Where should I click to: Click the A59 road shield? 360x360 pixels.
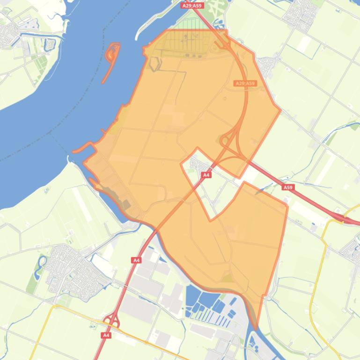click(x=288, y=187)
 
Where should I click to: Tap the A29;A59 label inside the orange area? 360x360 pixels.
click(x=245, y=84)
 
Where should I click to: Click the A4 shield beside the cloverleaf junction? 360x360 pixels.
click(x=106, y=335)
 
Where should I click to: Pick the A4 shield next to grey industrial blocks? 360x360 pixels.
click(x=136, y=260)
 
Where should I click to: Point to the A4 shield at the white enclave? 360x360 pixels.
click(x=206, y=175)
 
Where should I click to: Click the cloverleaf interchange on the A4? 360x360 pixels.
click(x=112, y=322)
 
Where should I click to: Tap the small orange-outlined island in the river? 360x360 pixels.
click(x=111, y=58)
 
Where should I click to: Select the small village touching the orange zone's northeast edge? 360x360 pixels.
click(x=269, y=65)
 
